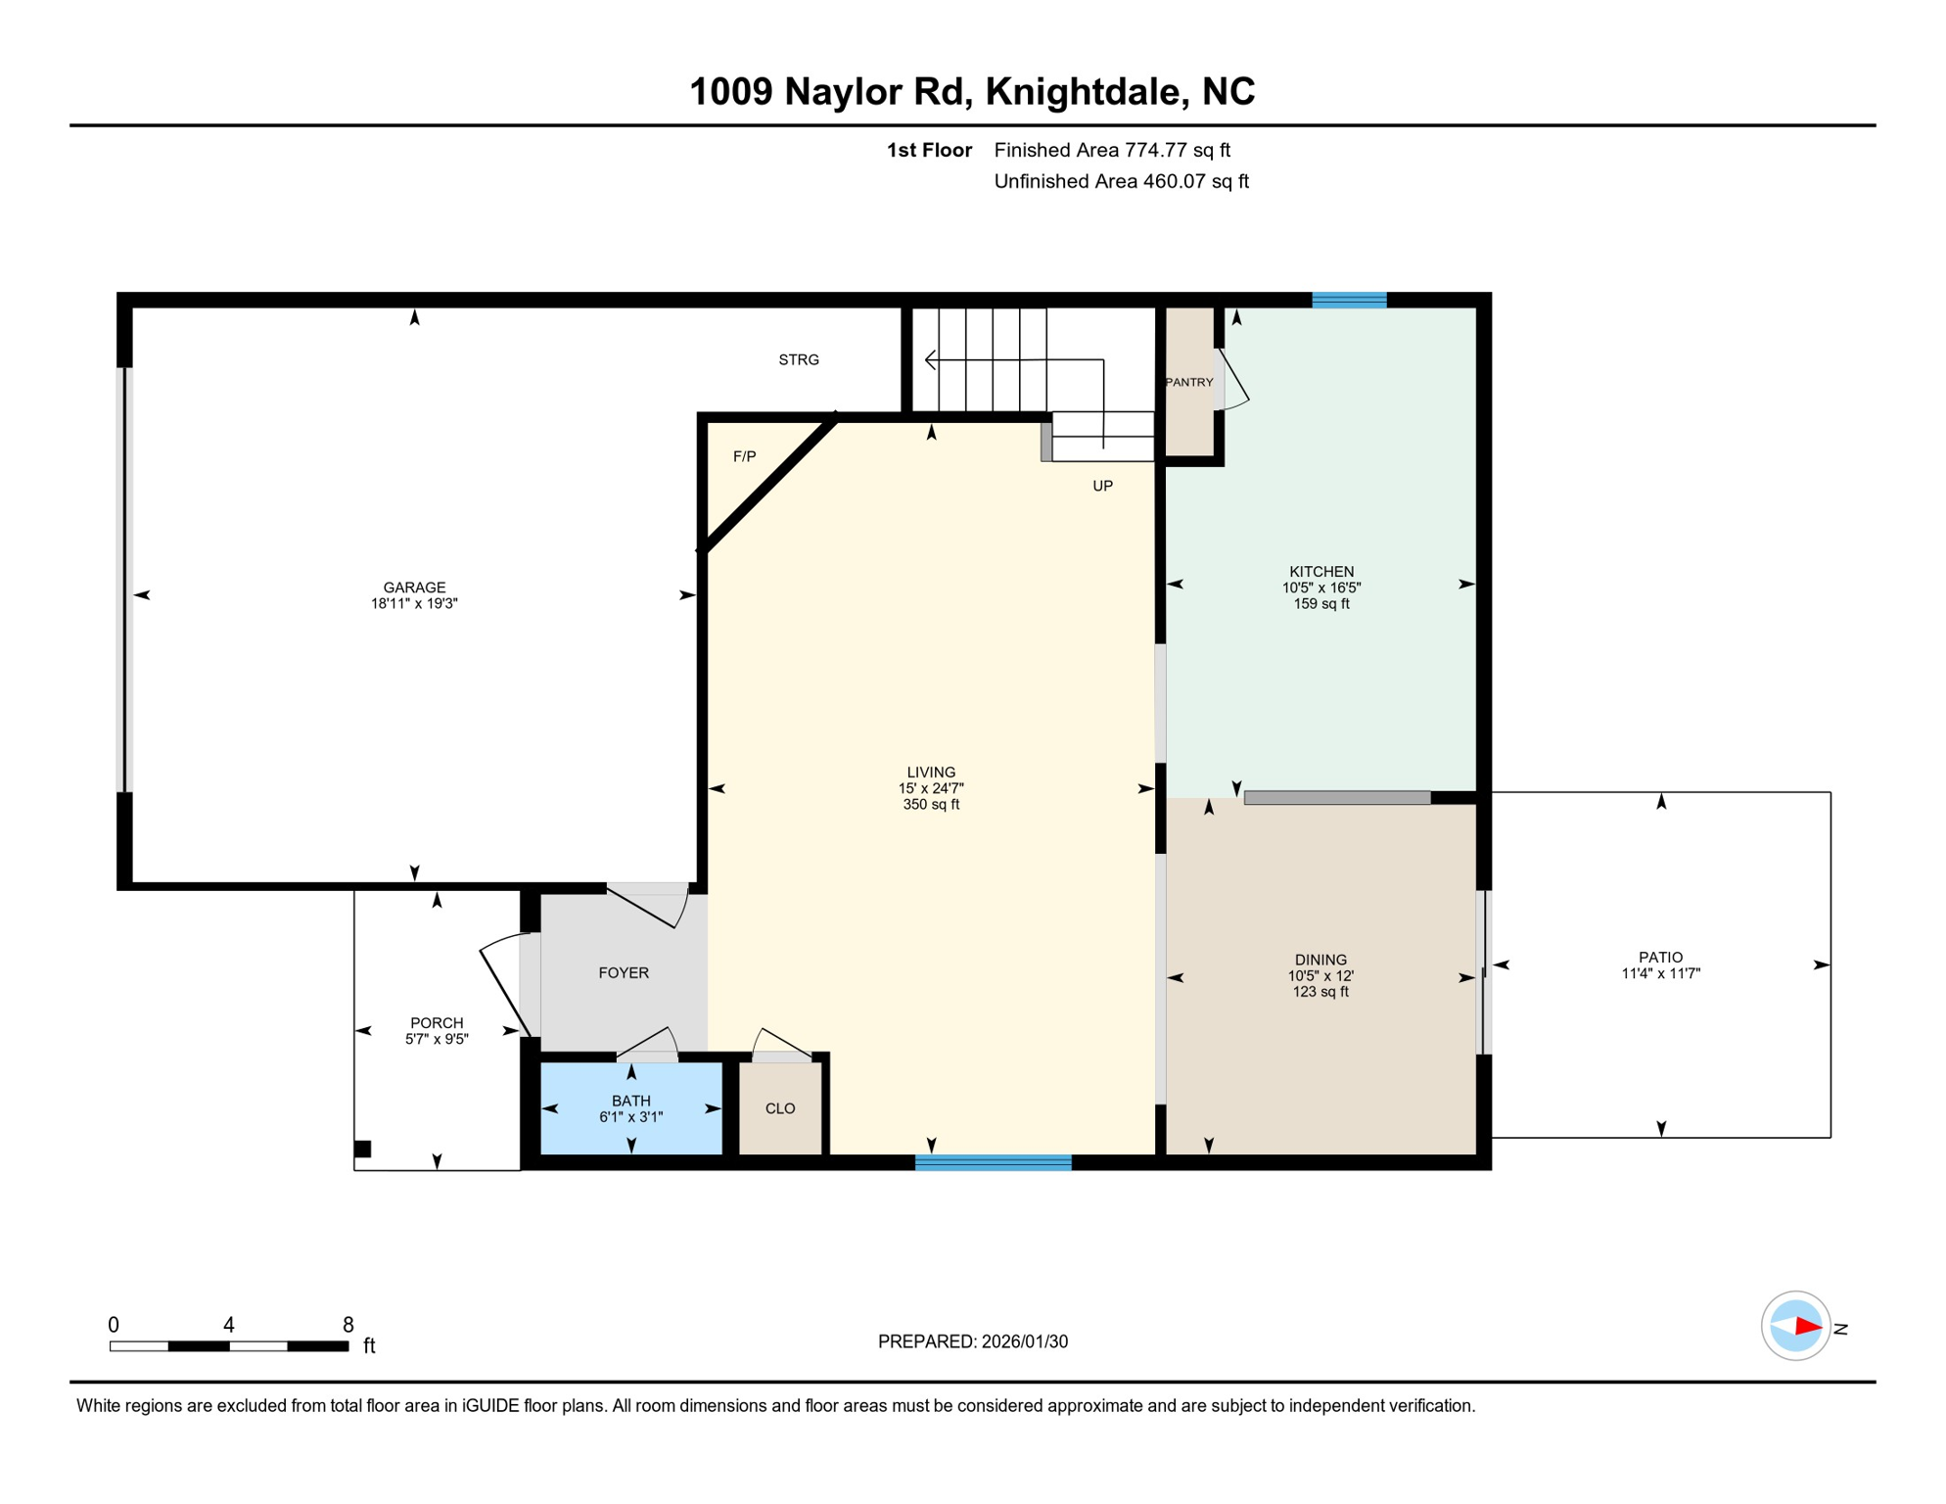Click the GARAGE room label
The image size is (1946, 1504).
pyautogui.click(x=414, y=587)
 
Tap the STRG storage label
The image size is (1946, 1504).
pyautogui.click(x=799, y=360)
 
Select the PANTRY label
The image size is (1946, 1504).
pyautogui.click(x=1189, y=383)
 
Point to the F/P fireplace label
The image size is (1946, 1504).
pyautogui.click(x=745, y=456)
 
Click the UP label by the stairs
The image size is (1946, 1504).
pyautogui.click(x=1102, y=487)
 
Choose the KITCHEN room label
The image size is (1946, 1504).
pyautogui.click(x=1321, y=572)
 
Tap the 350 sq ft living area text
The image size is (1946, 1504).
pyautogui.click(x=931, y=805)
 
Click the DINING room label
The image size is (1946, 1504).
pyautogui.click(x=1320, y=960)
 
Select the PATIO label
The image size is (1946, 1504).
pyautogui.click(x=1661, y=958)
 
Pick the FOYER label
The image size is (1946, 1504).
pyautogui.click(x=624, y=972)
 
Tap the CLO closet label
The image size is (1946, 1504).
pyautogui.click(x=780, y=1108)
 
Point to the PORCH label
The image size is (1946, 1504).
pyautogui.click(x=437, y=1023)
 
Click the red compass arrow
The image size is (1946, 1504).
pyautogui.click(x=1807, y=1327)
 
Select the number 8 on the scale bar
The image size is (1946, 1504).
pyautogui.click(x=347, y=1325)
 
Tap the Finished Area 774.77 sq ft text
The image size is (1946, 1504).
pyautogui.click(x=1112, y=150)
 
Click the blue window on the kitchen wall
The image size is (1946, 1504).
pyautogui.click(x=1349, y=300)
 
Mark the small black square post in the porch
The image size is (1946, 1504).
pyautogui.click(x=362, y=1149)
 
